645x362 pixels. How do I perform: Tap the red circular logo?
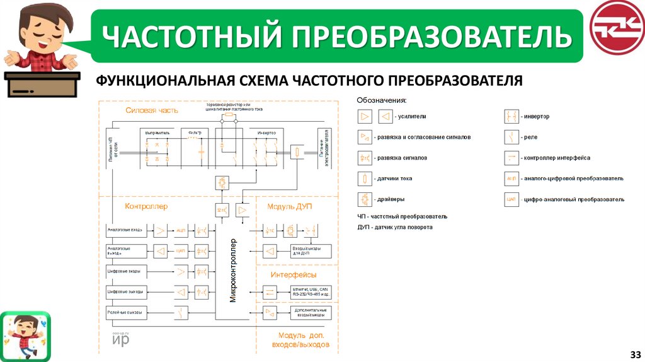point(615,28)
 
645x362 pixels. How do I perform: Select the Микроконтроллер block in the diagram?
point(232,271)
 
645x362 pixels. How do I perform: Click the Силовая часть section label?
point(152,110)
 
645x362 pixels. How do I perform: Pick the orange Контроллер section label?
point(146,206)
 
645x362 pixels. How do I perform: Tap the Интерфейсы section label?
point(294,275)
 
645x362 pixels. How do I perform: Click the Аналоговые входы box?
point(126,230)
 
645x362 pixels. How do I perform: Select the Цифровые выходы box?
point(126,292)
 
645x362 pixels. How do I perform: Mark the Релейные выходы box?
point(126,313)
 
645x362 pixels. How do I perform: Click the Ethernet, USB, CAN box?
point(309,292)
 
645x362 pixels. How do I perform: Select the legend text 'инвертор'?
point(536,117)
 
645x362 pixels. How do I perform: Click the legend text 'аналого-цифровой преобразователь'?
point(573,178)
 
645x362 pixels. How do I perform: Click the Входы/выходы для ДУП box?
point(309,251)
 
